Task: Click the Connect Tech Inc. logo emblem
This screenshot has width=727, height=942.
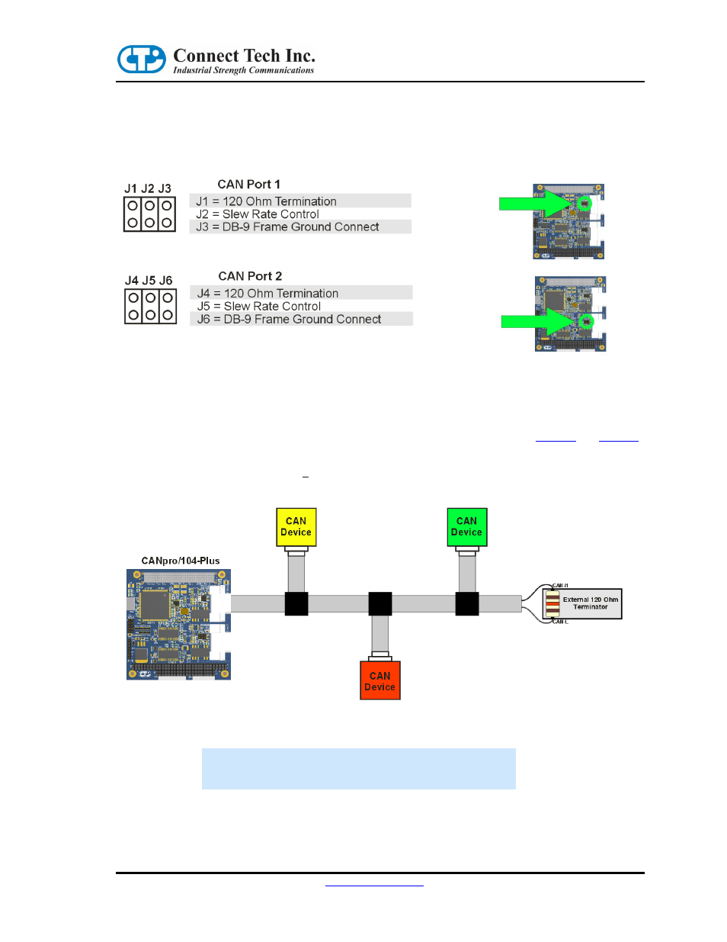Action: tap(141, 59)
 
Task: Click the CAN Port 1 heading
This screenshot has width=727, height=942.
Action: tap(248, 185)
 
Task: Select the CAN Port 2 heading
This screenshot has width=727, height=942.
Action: tap(250, 276)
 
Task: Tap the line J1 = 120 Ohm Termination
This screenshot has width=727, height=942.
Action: tap(266, 201)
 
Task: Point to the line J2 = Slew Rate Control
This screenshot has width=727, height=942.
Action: tap(258, 214)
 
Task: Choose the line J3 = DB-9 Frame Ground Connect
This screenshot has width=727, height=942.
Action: tap(287, 227)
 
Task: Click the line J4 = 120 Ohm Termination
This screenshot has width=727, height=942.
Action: tap(267, 294)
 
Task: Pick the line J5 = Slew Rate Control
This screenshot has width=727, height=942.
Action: tap(259, 307)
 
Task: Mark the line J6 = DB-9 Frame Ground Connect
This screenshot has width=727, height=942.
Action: tap(289, 320)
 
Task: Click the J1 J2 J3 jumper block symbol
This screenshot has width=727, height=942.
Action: tap(149, 214)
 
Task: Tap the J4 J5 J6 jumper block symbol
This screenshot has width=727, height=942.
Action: tap(150, 306)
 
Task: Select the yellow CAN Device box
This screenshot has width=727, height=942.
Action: tap(296, 527)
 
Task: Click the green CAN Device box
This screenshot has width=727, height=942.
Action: tap(466, 527)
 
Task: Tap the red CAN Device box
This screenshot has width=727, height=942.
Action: tap(380, 681)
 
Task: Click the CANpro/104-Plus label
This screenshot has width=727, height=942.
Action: tap(181, 561)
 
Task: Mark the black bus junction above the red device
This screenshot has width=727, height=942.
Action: tap(380, 603)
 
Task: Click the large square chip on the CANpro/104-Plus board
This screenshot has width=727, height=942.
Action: tap(155, 604)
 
